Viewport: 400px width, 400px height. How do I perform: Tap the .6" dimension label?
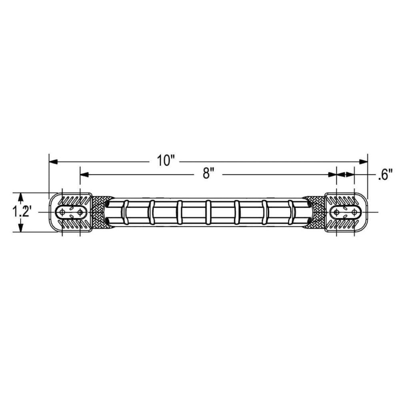(x=385, y=175)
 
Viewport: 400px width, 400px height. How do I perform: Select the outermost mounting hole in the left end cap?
(x=62, y=212)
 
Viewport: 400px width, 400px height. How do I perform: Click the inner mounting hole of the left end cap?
(x=80, y=212)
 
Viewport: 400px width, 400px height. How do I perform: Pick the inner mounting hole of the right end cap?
(x=337, y=212)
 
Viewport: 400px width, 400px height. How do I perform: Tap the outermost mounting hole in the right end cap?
(x=354, y=212)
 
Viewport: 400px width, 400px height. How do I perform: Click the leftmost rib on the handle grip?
(x=124, y=212)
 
